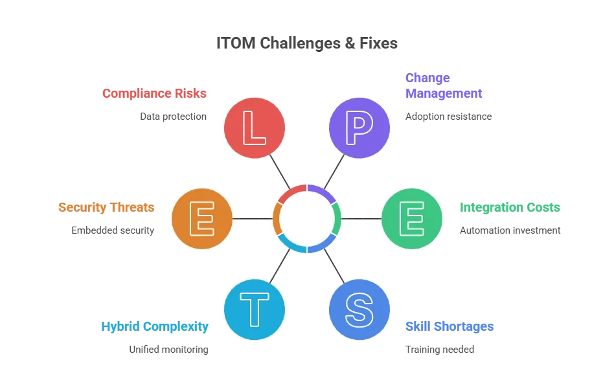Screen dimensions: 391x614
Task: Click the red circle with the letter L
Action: pos(255,128)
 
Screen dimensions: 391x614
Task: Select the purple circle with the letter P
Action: pos(359,128)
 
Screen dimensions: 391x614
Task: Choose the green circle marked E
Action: pos(412,219)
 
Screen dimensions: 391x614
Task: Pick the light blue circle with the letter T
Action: pos(255,310)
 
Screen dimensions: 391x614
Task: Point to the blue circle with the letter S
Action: pos(359,310)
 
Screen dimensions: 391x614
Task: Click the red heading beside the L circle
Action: pos(153,93)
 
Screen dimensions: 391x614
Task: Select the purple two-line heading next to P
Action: pos(444,85)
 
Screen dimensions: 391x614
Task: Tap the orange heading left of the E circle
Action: pos(106,208)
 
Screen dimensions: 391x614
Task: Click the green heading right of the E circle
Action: pos(510,208)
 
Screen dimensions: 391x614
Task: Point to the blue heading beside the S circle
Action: pos(449,326)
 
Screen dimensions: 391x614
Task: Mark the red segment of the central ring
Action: pos(291,190)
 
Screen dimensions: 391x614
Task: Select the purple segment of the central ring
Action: pos(322,190)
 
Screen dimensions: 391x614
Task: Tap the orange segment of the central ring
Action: pos(277,219)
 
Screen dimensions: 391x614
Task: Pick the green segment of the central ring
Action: pos(337,219)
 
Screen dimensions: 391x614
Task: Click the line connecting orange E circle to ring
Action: pos(252,219)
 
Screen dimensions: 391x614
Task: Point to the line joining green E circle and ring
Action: pos(361,219)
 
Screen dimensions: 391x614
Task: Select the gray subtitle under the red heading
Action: pos(173,118)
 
